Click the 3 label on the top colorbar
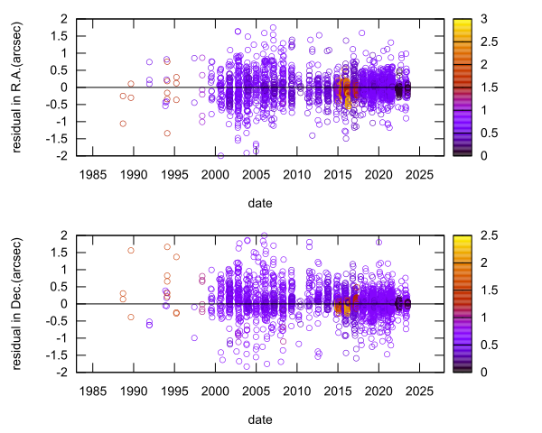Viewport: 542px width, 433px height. point(472,18)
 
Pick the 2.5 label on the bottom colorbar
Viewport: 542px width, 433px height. point(476,235)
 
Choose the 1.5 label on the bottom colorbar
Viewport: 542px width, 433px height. point(476,290)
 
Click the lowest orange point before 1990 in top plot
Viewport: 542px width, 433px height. point(122,124)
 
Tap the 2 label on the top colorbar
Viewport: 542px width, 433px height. point(472,64)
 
